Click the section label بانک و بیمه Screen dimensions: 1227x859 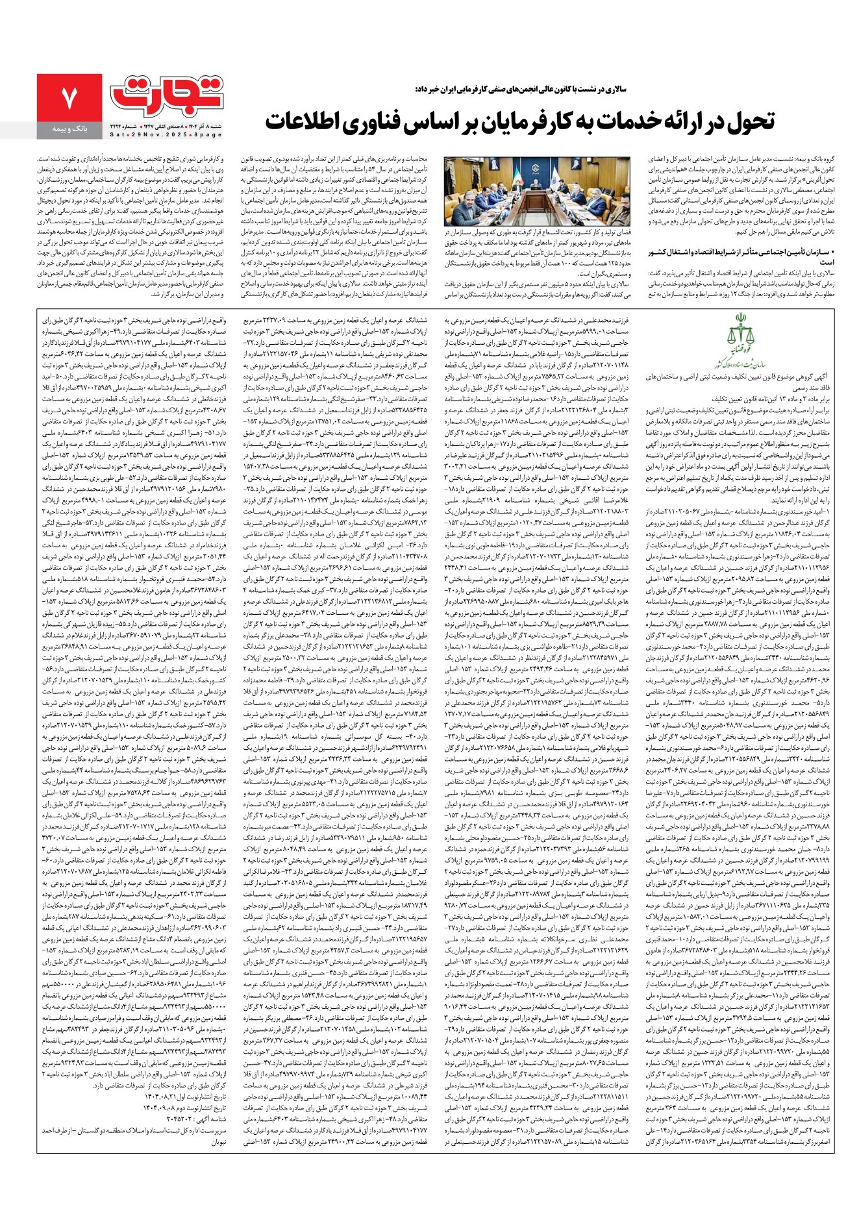pyautogui.click(x=69, y=129)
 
